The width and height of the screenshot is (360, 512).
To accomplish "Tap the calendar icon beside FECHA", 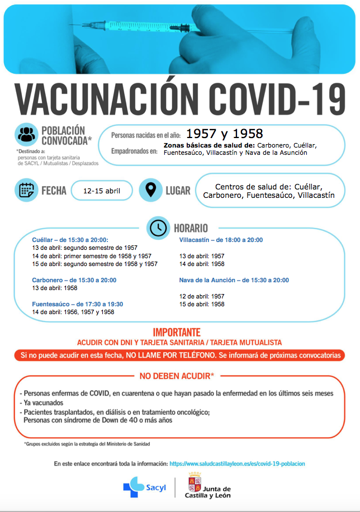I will point(26,191).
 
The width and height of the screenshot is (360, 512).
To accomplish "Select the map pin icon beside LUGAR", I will point(150,191).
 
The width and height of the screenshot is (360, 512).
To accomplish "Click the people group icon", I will point(26,135).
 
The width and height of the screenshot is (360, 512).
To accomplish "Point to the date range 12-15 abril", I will point(101,191).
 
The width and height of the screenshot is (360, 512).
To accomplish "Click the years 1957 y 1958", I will point(224,134).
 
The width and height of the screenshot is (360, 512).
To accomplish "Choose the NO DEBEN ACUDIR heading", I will point(179,376).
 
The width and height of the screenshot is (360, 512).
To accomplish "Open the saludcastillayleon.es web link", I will point(237,463).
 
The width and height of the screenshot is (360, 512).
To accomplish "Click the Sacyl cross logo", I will point(131,486).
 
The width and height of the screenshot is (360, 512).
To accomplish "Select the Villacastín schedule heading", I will point(221,240).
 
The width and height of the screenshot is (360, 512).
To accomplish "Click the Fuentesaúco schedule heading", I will point(77,304).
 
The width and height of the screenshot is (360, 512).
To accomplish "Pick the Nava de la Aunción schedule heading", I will point(234,280).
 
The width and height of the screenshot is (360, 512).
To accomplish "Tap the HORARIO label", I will point(191,228).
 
